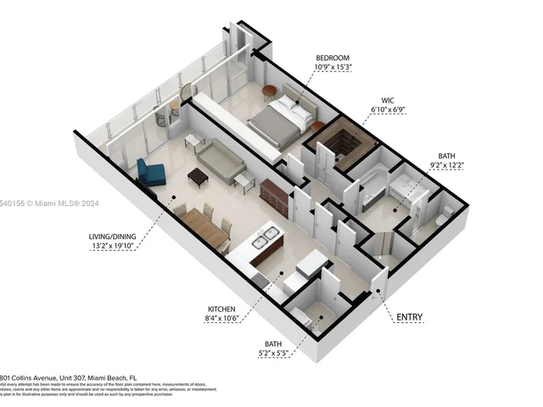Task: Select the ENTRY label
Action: click(409, 318)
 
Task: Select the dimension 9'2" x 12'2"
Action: click(448, 165)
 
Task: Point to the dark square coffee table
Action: click(198, 176)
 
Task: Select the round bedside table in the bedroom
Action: click(269, 92)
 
